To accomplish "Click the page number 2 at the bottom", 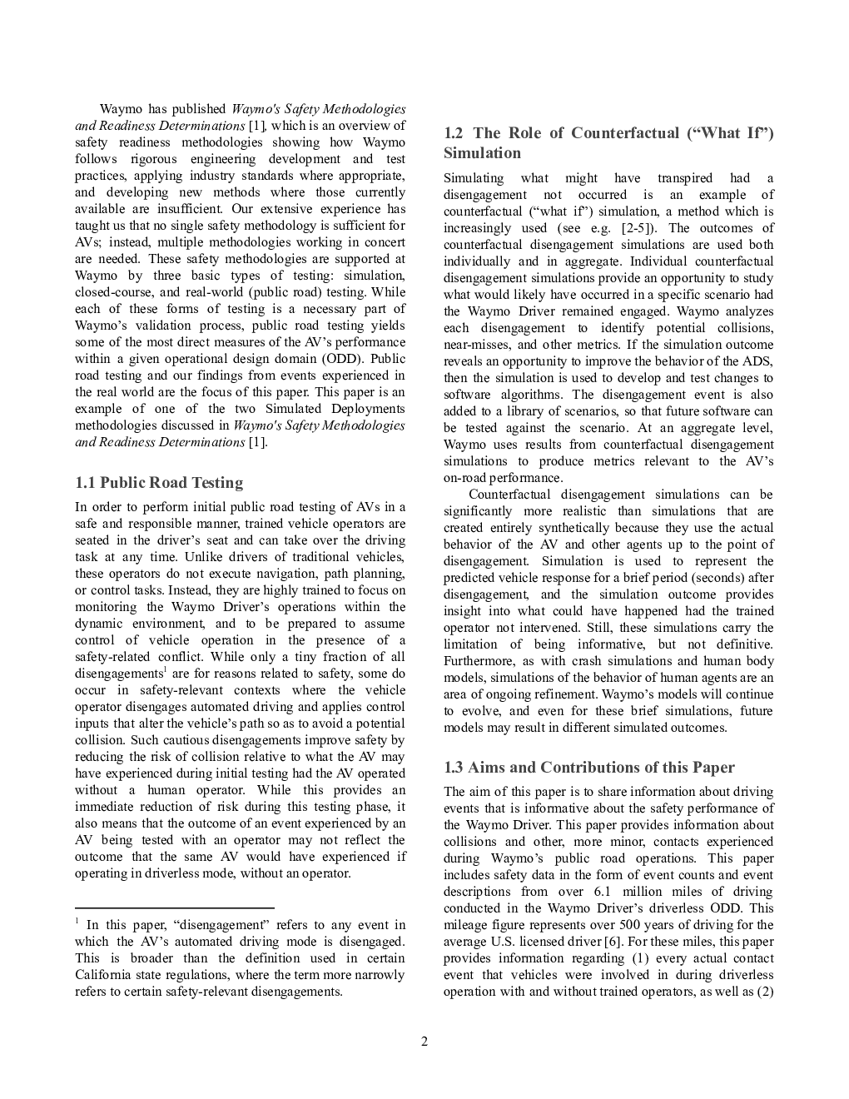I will click(x=424, y=1041).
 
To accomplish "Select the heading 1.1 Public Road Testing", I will click(x=159, y=483).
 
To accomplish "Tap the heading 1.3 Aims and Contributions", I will click(x=588, y=768).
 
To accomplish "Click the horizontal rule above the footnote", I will click(x=174, y=908).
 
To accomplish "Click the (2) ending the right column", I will click(x=765, y=992).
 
